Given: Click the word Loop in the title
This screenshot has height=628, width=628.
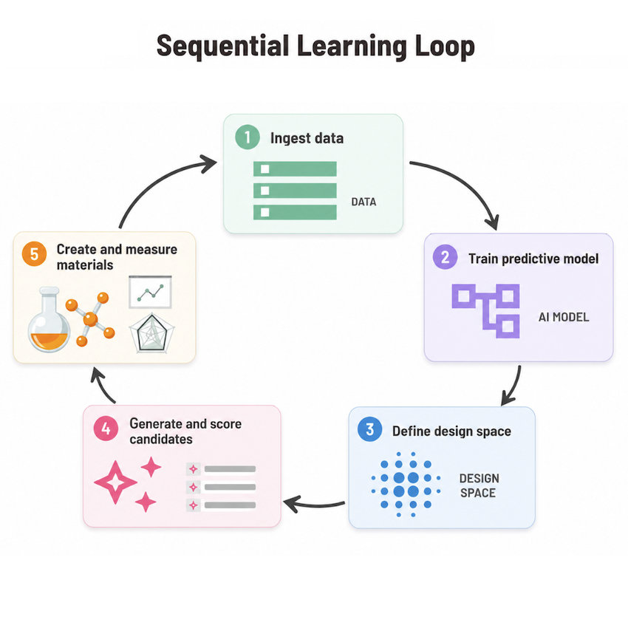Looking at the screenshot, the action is [445, 47].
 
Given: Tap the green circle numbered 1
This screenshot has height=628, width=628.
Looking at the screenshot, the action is [247, 137].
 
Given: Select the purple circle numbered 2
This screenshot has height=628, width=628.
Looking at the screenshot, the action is [445, 256].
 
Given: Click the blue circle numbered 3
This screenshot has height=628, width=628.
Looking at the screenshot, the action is [369, 429].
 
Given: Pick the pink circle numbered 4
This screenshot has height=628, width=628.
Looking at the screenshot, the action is [106, 429].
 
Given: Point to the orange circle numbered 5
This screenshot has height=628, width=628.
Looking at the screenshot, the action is [35, 254].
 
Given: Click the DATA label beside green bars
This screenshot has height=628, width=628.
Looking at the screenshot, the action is [364, 202].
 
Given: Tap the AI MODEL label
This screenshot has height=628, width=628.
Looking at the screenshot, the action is [564, 317].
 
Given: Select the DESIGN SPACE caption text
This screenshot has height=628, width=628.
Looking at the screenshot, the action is [479, 485].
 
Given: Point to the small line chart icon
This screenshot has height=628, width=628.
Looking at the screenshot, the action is [150, 292].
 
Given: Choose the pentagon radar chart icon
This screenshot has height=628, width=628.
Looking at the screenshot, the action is [151, 333].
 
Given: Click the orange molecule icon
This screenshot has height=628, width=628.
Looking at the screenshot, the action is [91, 319].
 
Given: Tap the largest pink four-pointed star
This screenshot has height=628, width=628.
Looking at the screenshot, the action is [115, 482].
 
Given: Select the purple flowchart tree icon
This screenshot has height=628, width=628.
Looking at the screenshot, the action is [485, 311].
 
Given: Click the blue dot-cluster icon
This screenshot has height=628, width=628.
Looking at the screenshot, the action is [406, 484].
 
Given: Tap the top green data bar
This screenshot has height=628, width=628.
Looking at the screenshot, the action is [295, 169].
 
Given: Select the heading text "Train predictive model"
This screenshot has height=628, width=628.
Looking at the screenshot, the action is [533, 259].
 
